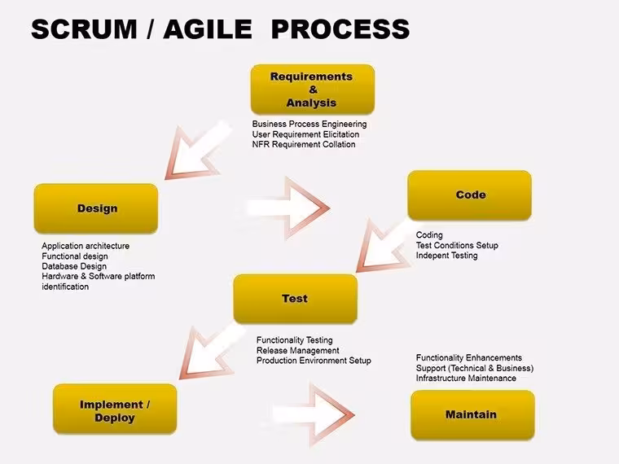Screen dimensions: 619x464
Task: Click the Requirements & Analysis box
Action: coord(312,90)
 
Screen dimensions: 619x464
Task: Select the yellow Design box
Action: coord(96,208)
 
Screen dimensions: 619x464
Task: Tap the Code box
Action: coord(469,195)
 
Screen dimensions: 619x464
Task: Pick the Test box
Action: coord(296,299)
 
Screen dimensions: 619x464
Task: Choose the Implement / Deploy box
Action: coord(115,409)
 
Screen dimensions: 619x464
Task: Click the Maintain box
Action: coord(472,415)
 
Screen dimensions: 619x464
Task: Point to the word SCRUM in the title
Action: coord(84,29)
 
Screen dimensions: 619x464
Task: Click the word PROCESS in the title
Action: coord(340,29)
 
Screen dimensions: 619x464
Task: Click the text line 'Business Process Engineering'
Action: coord(309,125)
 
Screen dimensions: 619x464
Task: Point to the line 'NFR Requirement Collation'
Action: coord(304,144)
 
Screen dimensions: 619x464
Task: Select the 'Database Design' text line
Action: coord(74,266)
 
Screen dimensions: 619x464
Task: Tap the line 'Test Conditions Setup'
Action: coord(457,245)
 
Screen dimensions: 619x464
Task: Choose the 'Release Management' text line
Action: coord(297,350)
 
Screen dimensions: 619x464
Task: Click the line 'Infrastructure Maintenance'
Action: coord(466,379)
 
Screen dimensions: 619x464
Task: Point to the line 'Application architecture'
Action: coord(86,246)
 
